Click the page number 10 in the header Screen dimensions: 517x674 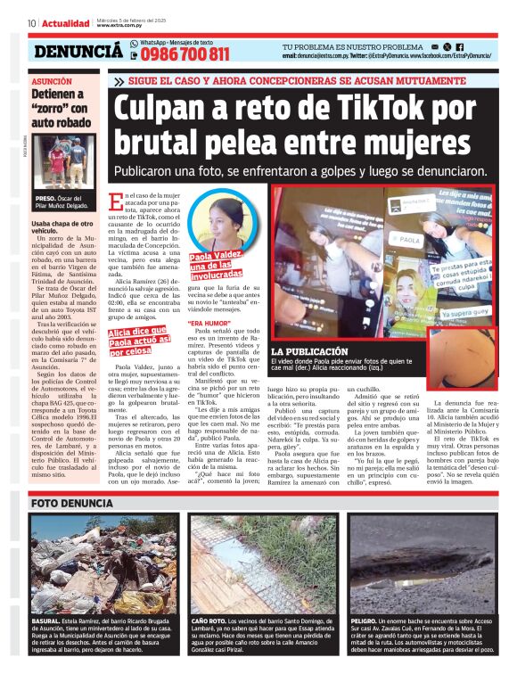(31, 23)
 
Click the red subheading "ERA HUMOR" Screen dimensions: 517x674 (209, 322)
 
